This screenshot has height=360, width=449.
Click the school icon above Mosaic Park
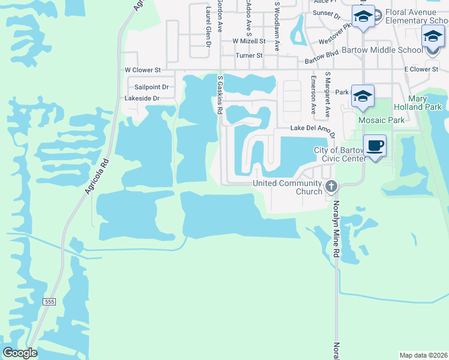click(362, 96)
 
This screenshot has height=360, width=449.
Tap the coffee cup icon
click(375, 146)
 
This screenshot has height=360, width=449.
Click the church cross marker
click(330, 187)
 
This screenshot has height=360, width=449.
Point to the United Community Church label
click(288, 187)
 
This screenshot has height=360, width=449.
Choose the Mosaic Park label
click(381, 120)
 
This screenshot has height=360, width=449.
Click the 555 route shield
click(49, 302)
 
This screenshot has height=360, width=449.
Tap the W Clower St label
click(143, 70)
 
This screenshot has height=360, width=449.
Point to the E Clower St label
click(421, 70)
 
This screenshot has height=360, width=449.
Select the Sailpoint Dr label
click(151, 87)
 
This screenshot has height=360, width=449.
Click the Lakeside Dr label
click(142, 98)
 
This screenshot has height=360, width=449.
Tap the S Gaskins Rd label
click(220, 95)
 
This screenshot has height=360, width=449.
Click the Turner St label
click(249, 55)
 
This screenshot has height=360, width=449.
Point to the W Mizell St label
click(249, 41)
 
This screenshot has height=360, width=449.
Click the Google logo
click(20, 353)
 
